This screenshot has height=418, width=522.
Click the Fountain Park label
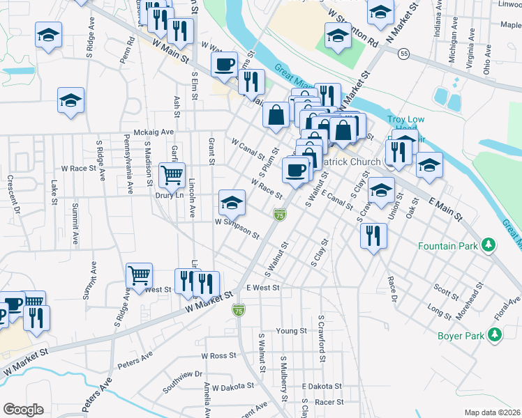tap(447, 246)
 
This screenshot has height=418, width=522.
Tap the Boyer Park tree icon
tap(495, 336)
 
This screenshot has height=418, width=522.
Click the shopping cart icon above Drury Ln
tap(171, 175)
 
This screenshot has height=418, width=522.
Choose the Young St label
tap(292, 331)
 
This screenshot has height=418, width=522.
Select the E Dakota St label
tap(322, 386)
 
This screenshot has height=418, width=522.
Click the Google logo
tap(23, 410)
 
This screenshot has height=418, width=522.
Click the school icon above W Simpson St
tap(232, 203)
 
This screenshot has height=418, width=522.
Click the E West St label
tap(262, 288)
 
